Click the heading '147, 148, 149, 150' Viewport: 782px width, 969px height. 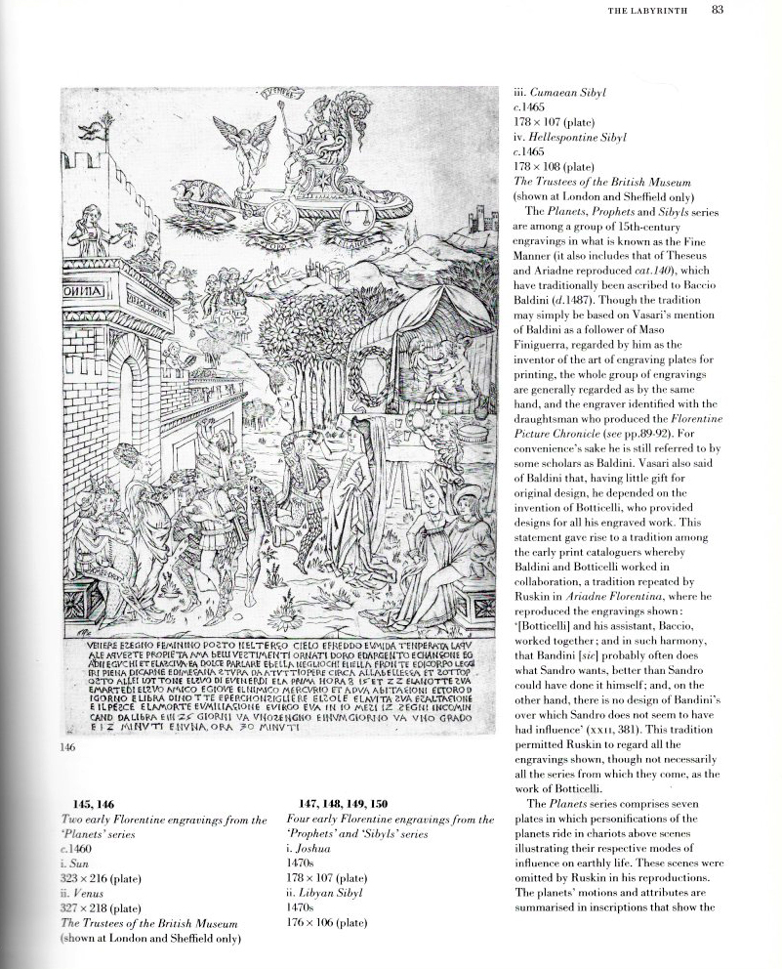point(337,803)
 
